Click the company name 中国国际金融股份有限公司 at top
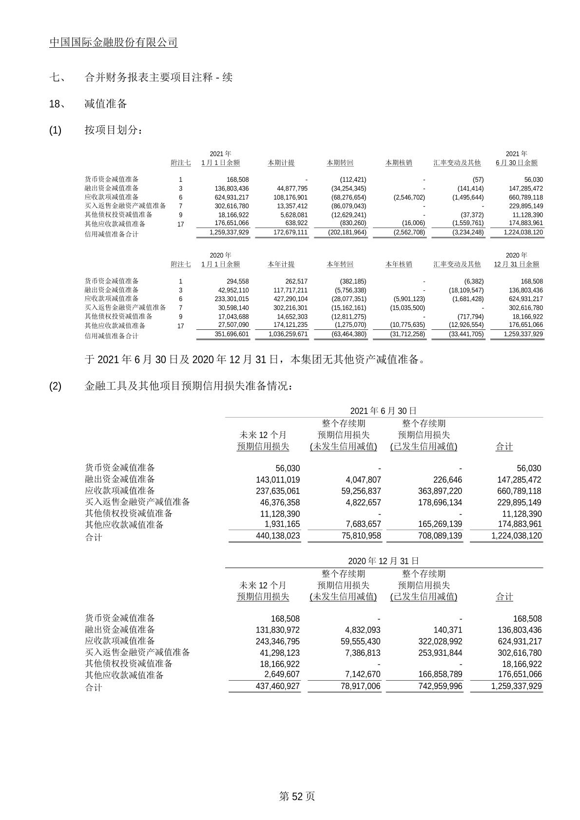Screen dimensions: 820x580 click(x=113, y=42)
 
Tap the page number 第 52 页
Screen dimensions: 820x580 click(x=297, y=796)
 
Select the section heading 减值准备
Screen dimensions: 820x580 click(x=105, y=104)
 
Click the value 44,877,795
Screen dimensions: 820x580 click(x=290, y=189)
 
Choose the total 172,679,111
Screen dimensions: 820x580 click(x=289, y=232)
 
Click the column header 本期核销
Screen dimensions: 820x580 click(x=399, y=163)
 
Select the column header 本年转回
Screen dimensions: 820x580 click(x=340, y=264)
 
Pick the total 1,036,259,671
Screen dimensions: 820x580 click(x=288, y=334)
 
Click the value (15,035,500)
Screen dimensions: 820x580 click(x=408, y=308)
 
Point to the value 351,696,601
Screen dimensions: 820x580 click(x=231, y=334)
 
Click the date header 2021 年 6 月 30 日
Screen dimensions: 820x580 click(x=384, y=411)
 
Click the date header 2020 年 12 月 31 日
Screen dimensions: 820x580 click(x=384, y=561)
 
